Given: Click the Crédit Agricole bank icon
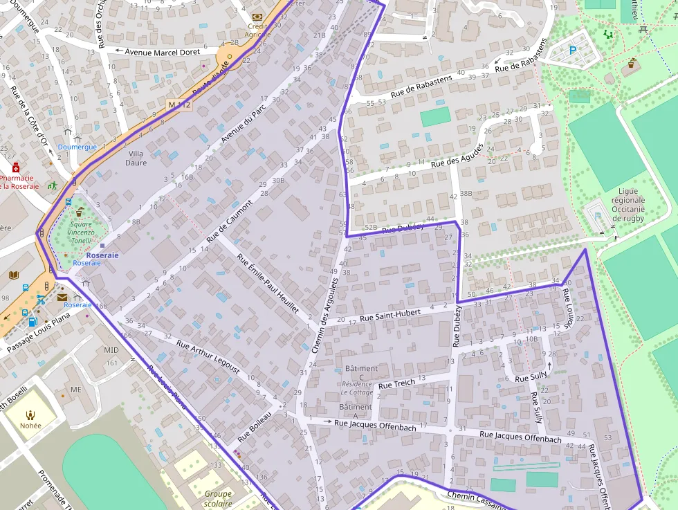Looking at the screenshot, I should tap(257, 17).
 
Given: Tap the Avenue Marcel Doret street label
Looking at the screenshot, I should tap(162, 52).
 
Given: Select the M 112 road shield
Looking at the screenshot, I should tap(178, 104).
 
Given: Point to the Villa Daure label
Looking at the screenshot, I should tap(136, 158).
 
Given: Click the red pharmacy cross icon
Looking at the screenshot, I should tap(16, 168).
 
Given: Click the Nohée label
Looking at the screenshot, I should tap(30, 426).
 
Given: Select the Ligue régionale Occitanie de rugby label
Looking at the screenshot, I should tap(627, 204).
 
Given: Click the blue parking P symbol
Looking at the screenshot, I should tap(572, 50).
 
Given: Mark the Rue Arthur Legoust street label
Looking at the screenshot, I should tap(208, 357).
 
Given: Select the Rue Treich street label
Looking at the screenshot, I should tap(396, 383).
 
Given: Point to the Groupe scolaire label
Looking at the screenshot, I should tap(218, 499).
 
